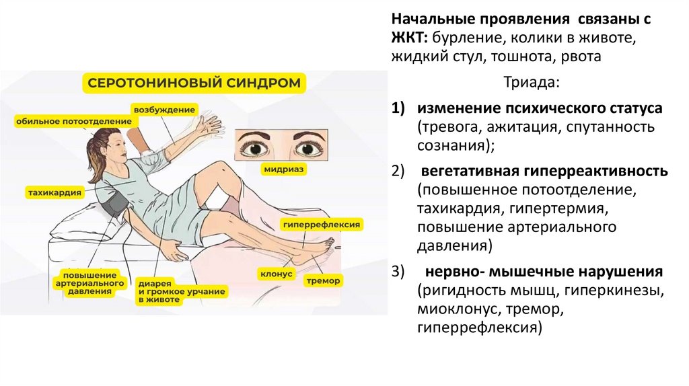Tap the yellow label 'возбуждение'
164,110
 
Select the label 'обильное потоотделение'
73,121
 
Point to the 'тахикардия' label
55,192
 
